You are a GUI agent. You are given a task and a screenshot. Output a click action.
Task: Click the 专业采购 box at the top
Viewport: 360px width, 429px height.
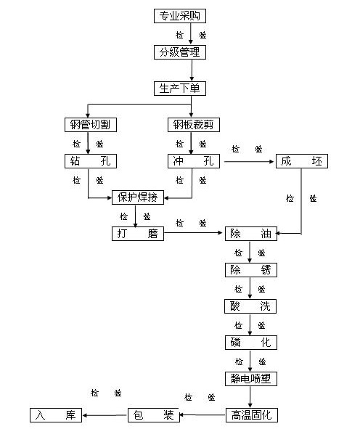[180, 16]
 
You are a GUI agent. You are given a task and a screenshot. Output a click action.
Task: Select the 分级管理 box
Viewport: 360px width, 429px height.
[180, 52]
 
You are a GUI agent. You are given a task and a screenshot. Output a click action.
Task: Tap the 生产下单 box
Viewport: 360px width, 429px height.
[180, 89]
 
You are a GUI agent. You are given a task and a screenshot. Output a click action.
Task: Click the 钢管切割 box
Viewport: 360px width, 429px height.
[91, 125]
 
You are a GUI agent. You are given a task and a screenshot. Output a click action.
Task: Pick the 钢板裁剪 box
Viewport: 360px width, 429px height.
[194, 125]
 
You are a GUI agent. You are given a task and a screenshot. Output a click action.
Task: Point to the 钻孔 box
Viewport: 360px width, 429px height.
[91, 161]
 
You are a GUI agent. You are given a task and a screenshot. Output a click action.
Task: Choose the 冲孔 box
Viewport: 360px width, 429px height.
[194, 161]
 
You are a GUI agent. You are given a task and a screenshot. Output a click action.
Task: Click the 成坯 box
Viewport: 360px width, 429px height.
[302, 161]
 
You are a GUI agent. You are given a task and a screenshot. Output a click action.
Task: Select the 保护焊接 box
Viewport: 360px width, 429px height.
[138, 197]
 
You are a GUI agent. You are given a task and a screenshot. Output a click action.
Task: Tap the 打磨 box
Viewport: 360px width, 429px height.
[138, 234]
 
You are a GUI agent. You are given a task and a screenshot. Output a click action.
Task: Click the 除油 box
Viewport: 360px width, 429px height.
[251, 234]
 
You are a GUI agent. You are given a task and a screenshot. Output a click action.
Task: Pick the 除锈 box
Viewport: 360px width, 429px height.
[251, 270]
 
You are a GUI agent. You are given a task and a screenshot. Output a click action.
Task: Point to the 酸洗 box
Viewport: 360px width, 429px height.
[250, 306]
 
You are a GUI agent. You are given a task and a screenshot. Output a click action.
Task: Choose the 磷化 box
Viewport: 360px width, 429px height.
[251, 343]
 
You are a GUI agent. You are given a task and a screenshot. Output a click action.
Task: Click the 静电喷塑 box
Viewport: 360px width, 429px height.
[251, 379]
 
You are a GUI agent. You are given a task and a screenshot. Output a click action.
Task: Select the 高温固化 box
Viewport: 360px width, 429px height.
[252, 415]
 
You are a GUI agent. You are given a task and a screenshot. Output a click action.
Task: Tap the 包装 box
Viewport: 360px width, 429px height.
[153, 415]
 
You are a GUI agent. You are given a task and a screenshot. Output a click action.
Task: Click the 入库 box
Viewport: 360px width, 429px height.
[56, 415]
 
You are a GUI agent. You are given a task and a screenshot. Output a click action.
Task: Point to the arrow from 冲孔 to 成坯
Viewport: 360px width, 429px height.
[249, 162]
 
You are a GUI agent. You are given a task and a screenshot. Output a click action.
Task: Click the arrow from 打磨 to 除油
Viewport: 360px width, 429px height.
[193, 233]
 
